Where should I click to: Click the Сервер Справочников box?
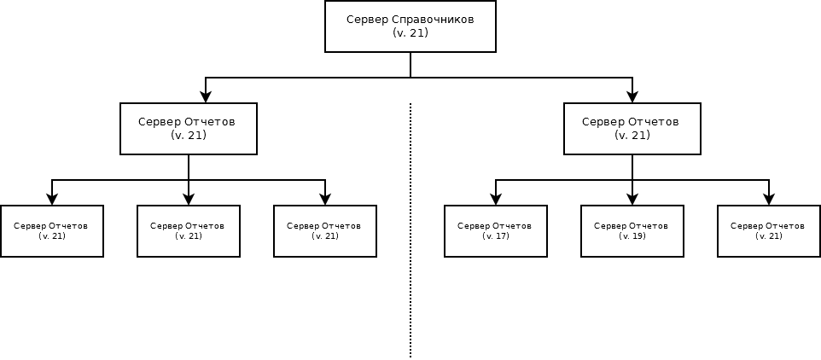[x=410, y=26]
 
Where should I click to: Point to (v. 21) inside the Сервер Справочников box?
[x=410, y=33]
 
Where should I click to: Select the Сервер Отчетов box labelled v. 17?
[x=495, y=231]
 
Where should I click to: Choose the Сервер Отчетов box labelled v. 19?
[x=632, y=231]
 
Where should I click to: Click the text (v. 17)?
[x=495, y=236]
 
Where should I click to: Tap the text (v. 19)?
[x=632, y=236]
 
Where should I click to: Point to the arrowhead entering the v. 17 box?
[x=496, y=200]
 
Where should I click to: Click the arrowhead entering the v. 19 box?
[x=632, y=200]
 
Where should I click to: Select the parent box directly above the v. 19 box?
[x=632, y=129]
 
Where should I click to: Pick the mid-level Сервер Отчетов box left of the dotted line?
[x=189, y=129]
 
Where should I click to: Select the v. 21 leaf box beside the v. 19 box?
[x=768, y=231]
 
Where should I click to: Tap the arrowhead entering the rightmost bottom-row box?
[x=769, y=200]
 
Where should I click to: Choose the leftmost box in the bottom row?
[x=52, y=231]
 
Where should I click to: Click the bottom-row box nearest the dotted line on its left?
[x=325, y=231]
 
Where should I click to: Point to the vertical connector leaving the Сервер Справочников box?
[x=410, y=65]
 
